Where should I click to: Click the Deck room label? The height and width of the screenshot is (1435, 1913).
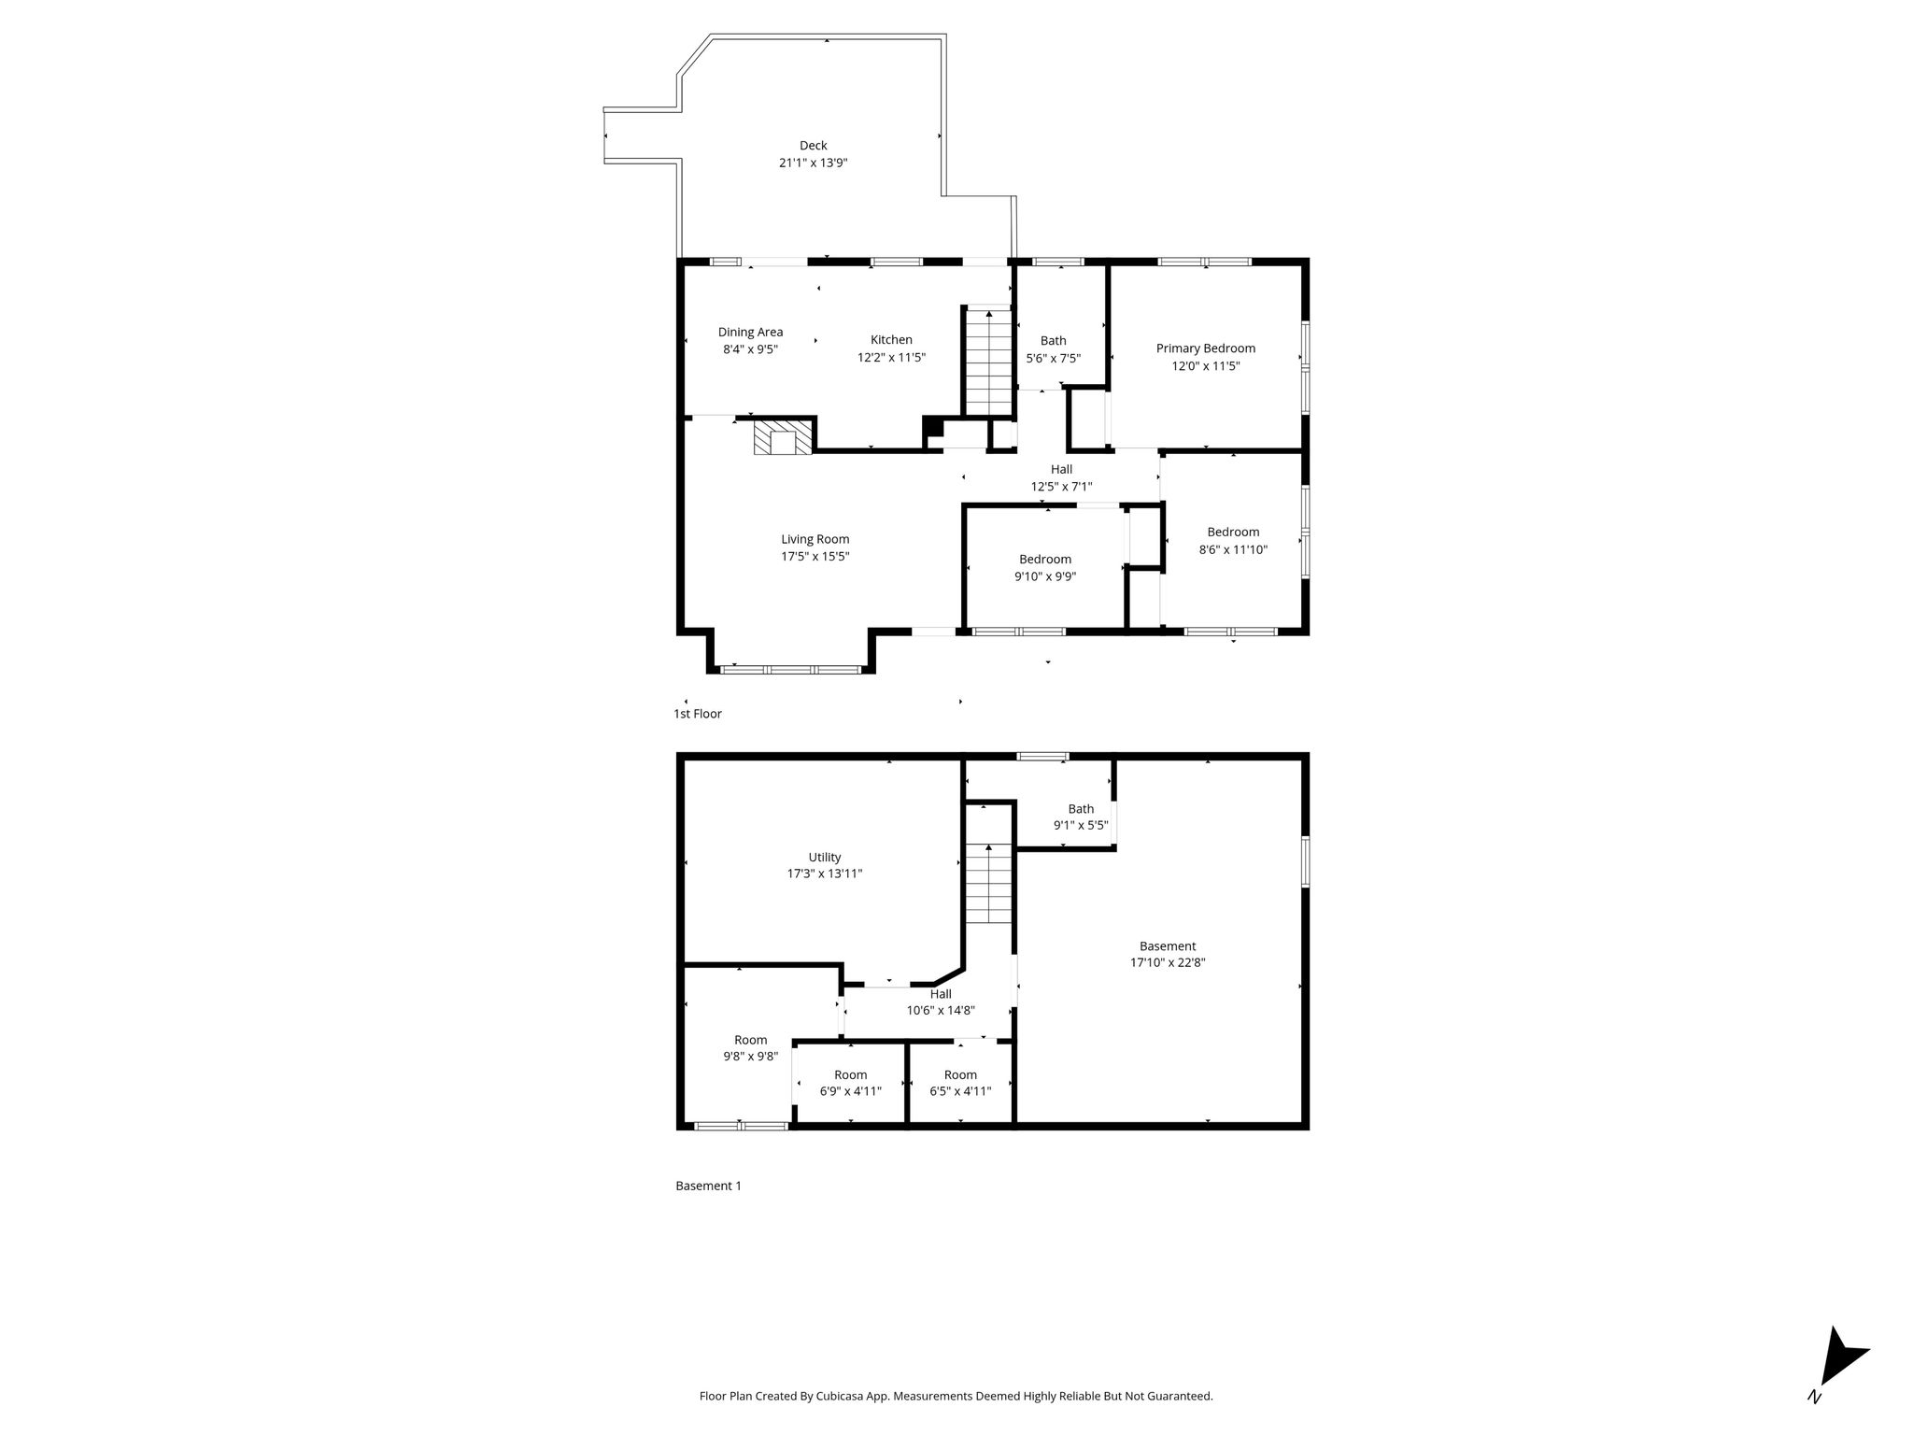[x=813, y=145]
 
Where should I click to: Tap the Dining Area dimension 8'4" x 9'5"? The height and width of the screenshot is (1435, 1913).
[x=750, y=349]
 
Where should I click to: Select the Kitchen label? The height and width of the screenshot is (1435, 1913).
[x=891, y=340]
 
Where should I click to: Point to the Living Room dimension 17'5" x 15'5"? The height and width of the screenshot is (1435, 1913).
[x=815, y=557]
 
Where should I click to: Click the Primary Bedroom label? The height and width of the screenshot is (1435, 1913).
[x=1206, y=348]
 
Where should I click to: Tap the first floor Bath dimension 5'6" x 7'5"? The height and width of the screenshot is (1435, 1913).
[x=1053, y=358]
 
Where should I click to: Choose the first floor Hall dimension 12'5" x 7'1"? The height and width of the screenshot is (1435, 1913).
[x=1061, y=487]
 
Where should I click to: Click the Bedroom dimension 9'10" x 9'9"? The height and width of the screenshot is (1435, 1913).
[x=1045, y=576]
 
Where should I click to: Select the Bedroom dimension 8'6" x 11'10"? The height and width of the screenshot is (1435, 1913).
[x=1233, y=549]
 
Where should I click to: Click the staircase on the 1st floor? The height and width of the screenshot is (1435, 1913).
[x=988, y=361]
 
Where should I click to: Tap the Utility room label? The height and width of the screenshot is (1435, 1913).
[x=825, y=857]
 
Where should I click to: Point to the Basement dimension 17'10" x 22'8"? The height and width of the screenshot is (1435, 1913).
[x=1168, y=962]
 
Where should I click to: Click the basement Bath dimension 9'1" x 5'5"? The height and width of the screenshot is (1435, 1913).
[x=1081, y=826]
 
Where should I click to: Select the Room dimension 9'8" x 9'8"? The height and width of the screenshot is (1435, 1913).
[x=750, y=1057]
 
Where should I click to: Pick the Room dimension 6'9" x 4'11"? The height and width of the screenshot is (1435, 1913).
[x=851, y=1091]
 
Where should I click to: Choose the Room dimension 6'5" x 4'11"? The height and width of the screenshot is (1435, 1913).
[x=960, y=1091]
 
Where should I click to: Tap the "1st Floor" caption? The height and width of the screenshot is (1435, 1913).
[x=698, y=714]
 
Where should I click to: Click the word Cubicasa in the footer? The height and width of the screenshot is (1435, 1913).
[x=839, y=1396]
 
